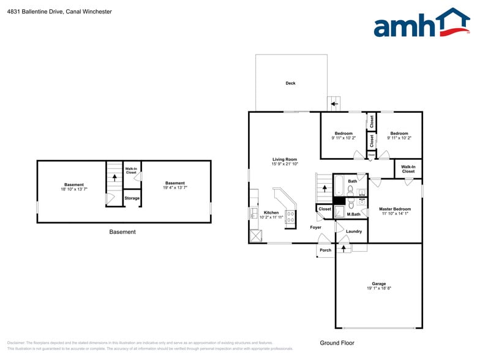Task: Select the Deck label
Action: pyautogui.click(x=290, y=83)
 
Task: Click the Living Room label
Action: pyautogui.click(x=285, y=160)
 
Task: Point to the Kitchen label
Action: pyautogui.click(x=271, y=213)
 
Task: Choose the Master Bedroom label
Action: pyautogui.click(x=394, y=209)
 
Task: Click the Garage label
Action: pyautogui.click(x=379, y=284)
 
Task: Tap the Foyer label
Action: pyautogui.click(x=315, y=227)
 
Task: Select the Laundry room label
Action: pyautogui.click(x=353, y=231)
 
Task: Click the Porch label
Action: pyautogui.click(x=325, y=250)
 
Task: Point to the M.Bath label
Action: pyautogui.click(x=353, y=214)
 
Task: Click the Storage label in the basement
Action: pyautogui.click(x=132, y=198)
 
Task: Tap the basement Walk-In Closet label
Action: pyautogui.click(x=131, y=171)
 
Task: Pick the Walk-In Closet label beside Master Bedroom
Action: pyautogui.click(x=408, y=169)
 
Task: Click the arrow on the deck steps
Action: pyautogui.click(x=334, y=103)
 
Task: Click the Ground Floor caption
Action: pyautogui.click(x=337, y=343)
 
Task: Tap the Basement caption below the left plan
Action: pyautogui.click(x=122, y=232)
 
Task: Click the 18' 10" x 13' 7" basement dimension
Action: pyautogui.click(x=74, y=189)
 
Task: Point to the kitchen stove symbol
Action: pyautogui.click(x=289, y=217)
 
